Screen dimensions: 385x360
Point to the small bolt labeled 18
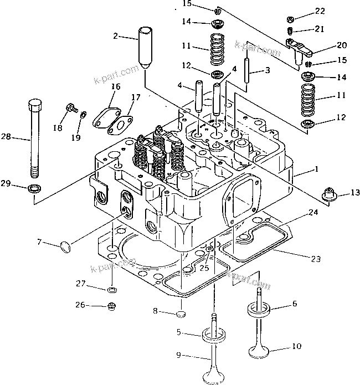click(x=71, y=108)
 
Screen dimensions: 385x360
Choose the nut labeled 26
click(x=111, y=305)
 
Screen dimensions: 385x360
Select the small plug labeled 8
click(x=180, y=315)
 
